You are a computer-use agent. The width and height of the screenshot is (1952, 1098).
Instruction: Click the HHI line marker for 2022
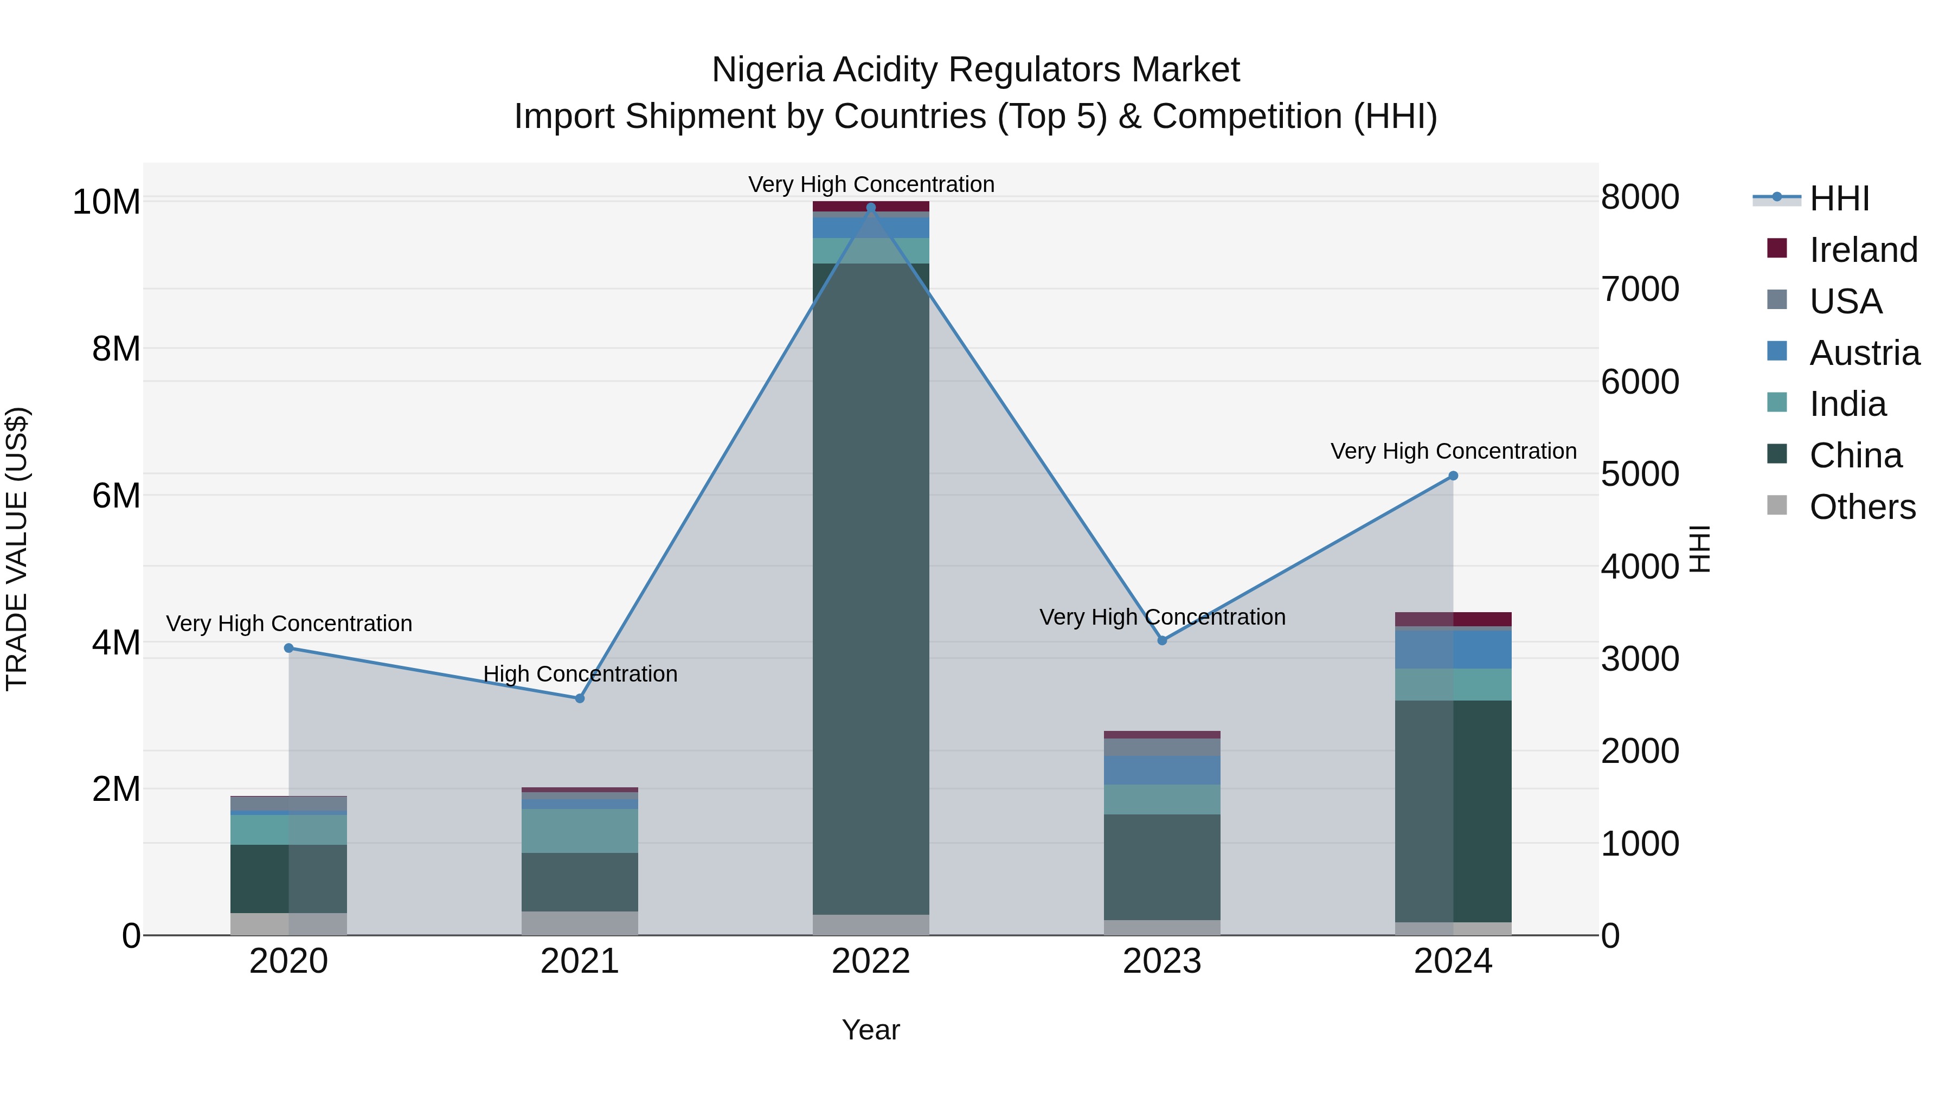(x=871, y=208)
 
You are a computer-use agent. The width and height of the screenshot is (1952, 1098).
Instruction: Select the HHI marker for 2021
(x=580, y=698)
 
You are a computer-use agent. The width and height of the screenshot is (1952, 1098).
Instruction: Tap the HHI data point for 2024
(x=1453, y=476)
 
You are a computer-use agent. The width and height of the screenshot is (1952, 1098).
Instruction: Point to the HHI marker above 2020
(x=288, y=648)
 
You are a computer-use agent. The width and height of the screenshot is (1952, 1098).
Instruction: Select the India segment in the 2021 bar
(x=580, y=831)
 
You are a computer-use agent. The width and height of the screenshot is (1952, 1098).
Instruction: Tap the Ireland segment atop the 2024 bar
(x=1453, y=619)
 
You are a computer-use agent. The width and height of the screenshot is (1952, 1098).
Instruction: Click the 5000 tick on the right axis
(x=1640, y=474)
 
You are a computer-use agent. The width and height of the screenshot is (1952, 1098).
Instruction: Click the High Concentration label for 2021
(x=580, y=673)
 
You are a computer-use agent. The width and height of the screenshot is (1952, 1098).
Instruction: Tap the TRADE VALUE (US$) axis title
(x=17, y=549)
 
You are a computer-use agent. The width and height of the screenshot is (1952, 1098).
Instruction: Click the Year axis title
(x=871, y=1030)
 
